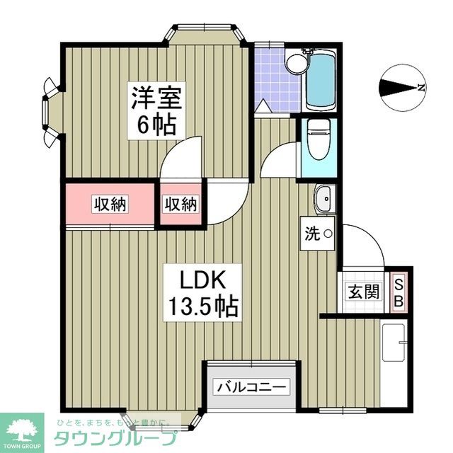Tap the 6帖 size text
[156, 126]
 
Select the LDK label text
[201, 280]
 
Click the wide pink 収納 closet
[110, 205]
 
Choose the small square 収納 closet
[181, 205]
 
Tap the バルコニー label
[252, 387]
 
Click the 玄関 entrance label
[363, 291]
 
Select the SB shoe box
[399, 292]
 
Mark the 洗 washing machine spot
[319, 233]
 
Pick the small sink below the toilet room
[323, 199]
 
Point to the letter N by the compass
[421, 88]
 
